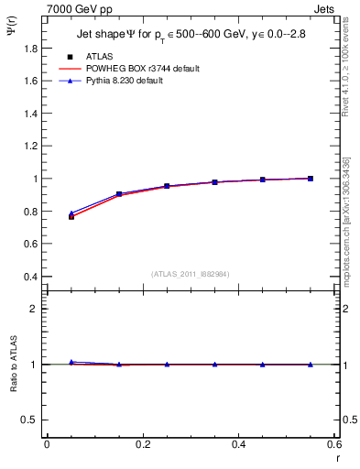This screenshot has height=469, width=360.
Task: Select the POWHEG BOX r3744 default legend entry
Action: [x=142, y=69]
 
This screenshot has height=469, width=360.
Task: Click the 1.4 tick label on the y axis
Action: [x=31, y=114]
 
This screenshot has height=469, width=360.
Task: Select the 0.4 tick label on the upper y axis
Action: [x=31, y=277]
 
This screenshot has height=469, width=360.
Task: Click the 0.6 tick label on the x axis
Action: [x=334, y=444]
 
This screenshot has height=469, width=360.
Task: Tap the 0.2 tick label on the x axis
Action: [x=142, y=444]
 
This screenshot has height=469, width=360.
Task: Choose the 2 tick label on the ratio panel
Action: [x=36, y=309]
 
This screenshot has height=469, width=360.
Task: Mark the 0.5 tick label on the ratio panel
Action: [x=31, y=420]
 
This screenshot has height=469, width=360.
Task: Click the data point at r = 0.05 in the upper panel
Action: [x=71, y=216]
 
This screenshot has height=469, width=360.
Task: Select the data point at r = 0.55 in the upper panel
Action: [x=311, y=179]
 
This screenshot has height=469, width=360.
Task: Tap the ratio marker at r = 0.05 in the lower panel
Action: [x=71, y=363]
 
